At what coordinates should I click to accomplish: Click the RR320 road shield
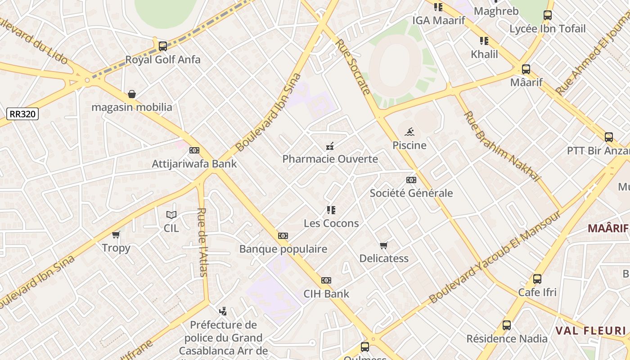(23, 114)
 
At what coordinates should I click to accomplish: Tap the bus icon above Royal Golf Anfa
(163, 46)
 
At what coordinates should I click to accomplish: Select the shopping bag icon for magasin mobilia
(132, 94)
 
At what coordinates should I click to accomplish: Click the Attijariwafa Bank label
(194, 163)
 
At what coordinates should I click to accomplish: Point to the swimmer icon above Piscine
(409, 132)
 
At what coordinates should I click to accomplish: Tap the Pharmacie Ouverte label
(330, 159)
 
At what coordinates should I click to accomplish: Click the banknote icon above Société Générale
(411, 180)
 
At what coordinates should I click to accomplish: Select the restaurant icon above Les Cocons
(331, 210)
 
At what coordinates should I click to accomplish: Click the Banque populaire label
(283, 249)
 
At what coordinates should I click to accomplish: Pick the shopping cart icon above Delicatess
(383, 245)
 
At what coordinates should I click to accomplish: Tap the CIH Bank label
(326, 294)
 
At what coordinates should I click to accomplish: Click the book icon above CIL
(171, 215)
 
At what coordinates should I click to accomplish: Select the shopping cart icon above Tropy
(116, 234)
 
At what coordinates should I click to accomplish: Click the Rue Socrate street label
(353, 67)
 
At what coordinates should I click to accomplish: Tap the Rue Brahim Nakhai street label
(501, 146)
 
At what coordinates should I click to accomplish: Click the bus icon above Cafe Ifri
(537, 279)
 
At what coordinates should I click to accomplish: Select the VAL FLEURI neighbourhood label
(590, 331)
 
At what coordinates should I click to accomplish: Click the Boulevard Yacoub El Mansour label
(495, 257)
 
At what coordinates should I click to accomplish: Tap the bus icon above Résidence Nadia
(507, 325)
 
